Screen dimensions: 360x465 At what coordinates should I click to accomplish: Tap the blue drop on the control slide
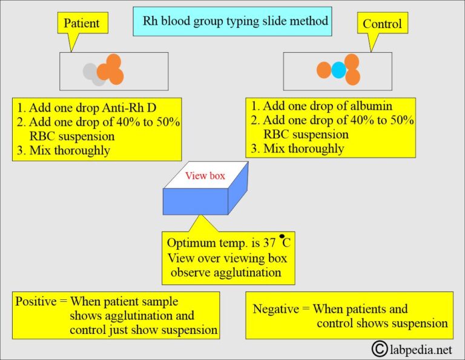pyautogui.click(x=338, y=70)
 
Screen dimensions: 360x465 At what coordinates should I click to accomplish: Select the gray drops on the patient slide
pyautogui.click(x=93, y=73)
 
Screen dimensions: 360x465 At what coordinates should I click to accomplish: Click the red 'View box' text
pyautogui.click(x=205, y=176)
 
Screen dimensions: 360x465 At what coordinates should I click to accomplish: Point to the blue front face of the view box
pyautogui.click(x=195, y=201)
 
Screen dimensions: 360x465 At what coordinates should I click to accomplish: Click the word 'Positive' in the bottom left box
pyautogui.click(x=38, y=301)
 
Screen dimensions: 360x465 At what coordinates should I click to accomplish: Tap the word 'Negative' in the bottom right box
pyautogui.click(x=275, y=309)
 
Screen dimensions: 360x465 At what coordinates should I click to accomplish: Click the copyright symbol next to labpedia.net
pyautogui.click(x=380, y=348)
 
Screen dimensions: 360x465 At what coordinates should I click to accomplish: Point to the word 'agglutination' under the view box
pyautogui.click(x=248, y=272)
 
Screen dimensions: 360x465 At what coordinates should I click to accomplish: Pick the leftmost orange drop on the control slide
pyautogui.click(x=324, y=70)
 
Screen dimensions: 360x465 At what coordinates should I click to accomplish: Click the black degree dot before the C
pyautogui.click(x=282, y=236)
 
